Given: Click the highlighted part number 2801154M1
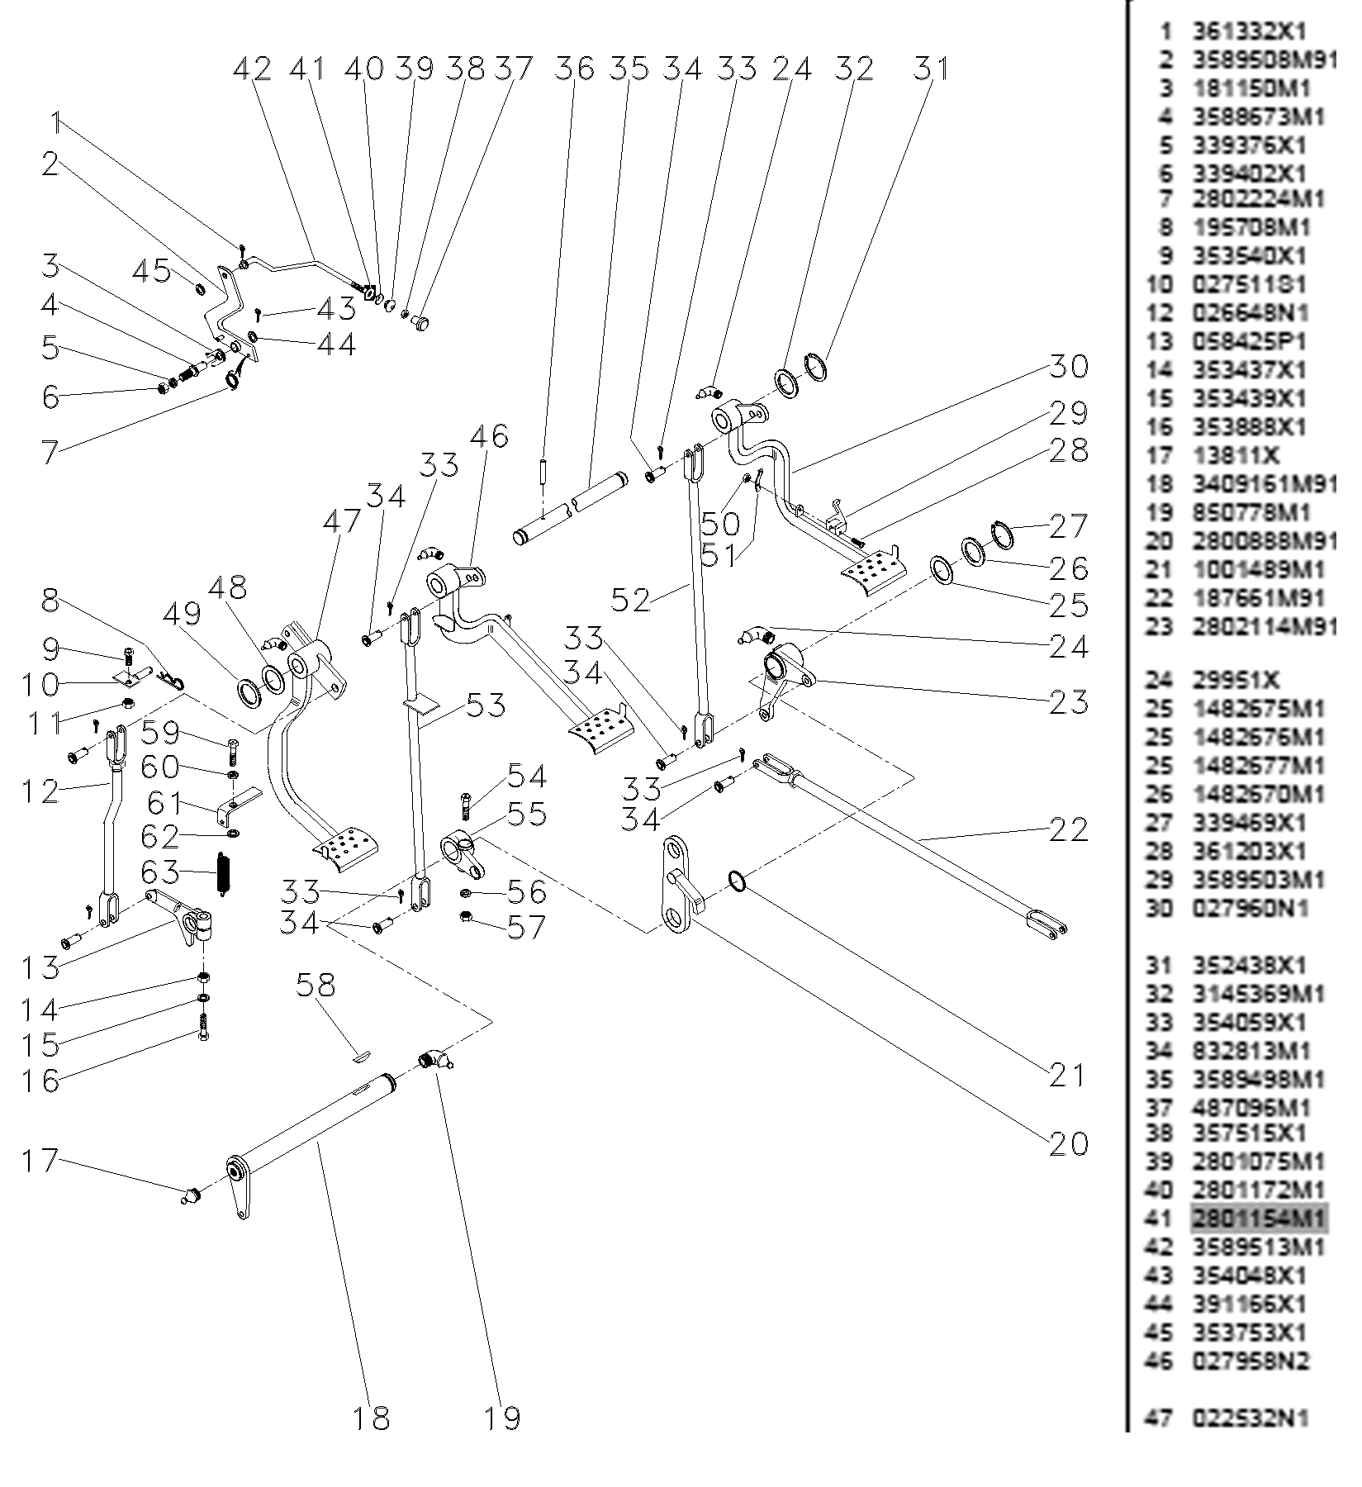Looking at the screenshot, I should (1259, 1219).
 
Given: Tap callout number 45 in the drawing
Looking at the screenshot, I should (152, 271).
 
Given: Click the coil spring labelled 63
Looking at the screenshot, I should (222, 872).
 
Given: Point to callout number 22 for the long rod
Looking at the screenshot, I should (1068, 829).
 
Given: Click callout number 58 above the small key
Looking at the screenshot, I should (316, 986).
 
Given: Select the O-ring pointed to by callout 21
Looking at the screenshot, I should (738, 881).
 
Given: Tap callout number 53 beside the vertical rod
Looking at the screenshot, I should (486, 706).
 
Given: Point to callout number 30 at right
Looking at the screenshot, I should (1068, 366).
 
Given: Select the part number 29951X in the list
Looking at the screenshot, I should (1236, 680).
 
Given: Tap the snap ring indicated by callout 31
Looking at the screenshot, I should (815, 367).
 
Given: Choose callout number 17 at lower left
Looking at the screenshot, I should (40, 1161).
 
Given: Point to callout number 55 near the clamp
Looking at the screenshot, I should (526, 814).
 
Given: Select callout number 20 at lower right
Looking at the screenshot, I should (1068, 1144).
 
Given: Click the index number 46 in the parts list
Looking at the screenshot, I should (1159, 1361).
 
